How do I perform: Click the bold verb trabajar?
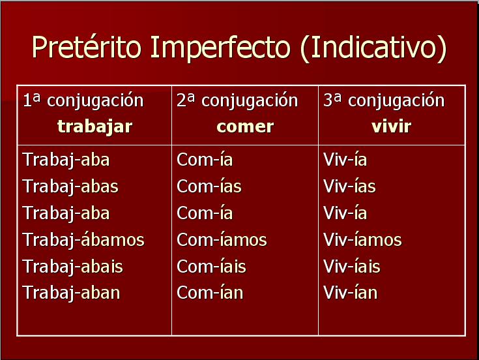tap(94, 127)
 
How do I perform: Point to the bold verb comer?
tap(245, 127)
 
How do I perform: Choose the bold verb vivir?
tap(391, 127)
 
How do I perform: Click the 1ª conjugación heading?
tap(83, 101)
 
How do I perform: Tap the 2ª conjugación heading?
tap(237, 101)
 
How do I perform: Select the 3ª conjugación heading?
tap(384, 101)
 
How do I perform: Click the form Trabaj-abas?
tap(70, 187)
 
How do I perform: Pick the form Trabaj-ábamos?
tap(83, 240)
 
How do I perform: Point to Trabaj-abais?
tap(72, 267)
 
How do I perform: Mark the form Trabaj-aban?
tap(71, 293)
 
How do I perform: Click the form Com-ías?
tap(209, 187)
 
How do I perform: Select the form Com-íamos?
tap(222, 240)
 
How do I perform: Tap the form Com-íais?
tap(211, 267)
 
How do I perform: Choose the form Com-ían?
tap(209, 293)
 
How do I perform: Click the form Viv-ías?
tap(349, 187)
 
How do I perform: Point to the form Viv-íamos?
tap(362, 240)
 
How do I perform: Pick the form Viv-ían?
tap(350, 293)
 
